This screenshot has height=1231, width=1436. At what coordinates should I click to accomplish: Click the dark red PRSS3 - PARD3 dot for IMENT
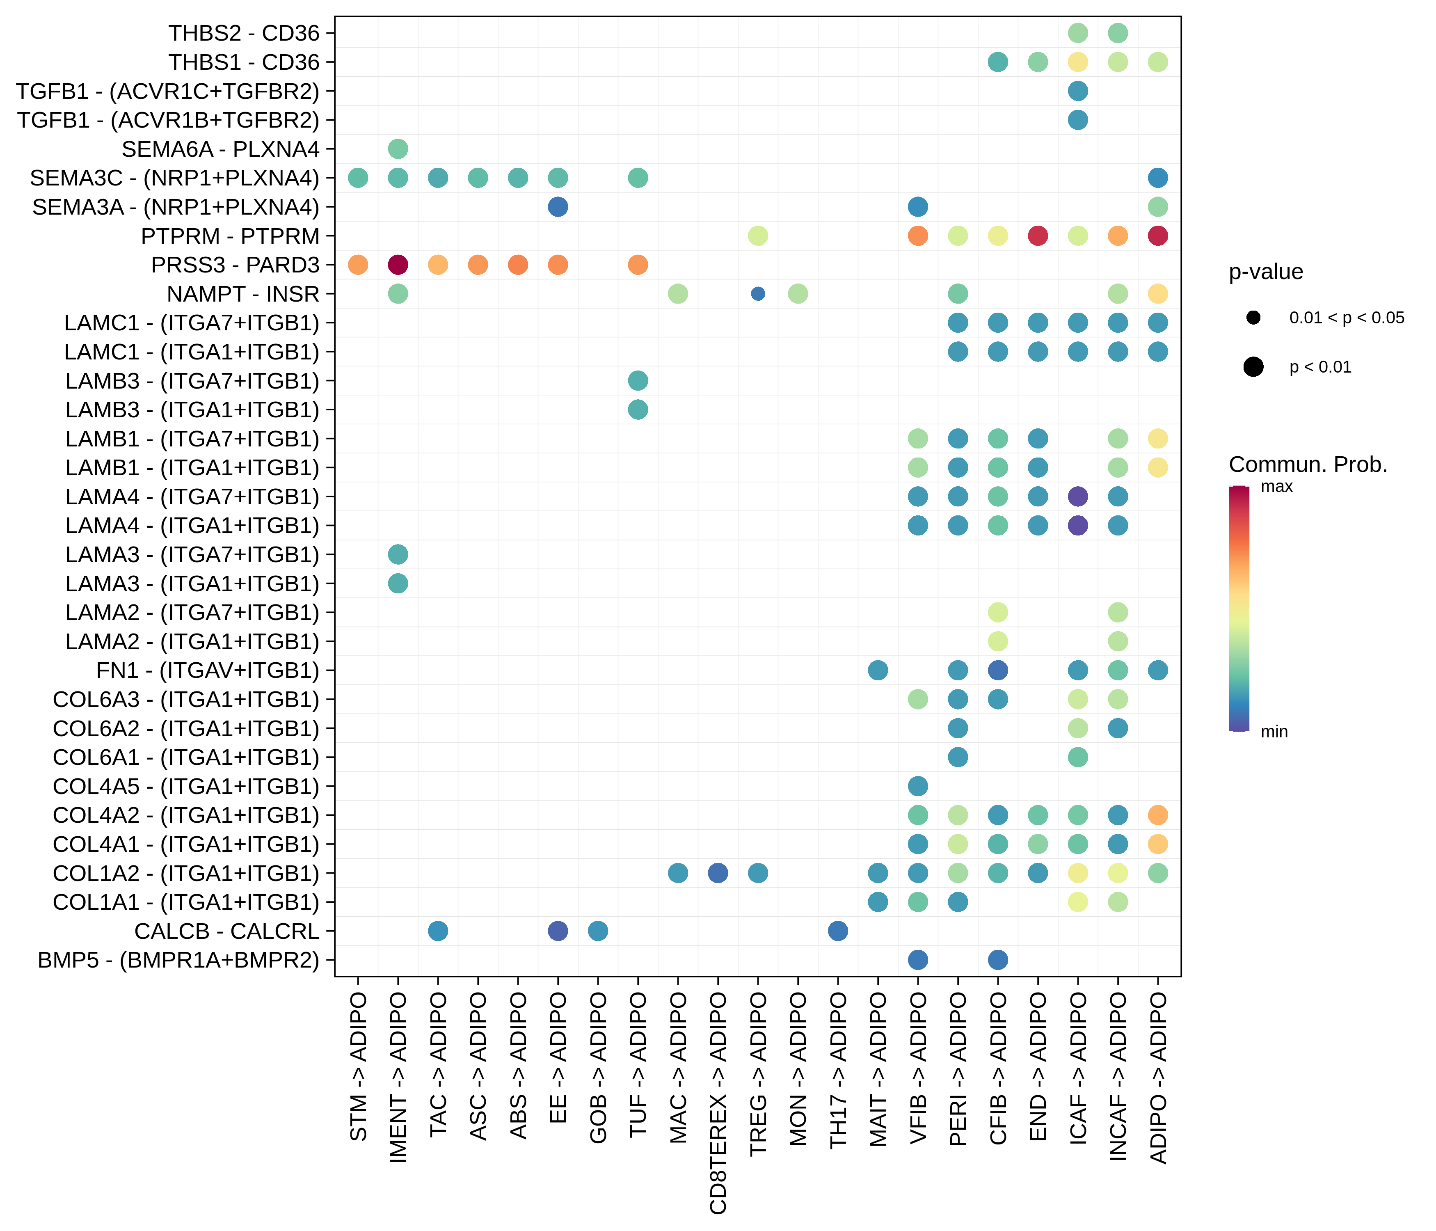[x=398, y=265]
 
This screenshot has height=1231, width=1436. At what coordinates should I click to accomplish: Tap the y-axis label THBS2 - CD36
[x=244, y=33]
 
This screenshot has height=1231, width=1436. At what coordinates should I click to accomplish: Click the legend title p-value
[x=1265, y=272]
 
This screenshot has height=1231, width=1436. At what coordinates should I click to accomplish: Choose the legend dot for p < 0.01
[x=1253, y=367]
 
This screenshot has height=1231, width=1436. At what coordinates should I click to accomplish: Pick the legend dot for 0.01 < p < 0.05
[x=1253, y=318]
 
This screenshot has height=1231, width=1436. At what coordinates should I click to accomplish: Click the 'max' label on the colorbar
[x=1276, y=487]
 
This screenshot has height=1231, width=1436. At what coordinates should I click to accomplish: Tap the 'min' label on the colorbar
[x=1274, y=732]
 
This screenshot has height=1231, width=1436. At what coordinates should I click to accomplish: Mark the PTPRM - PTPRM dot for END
[x=1038, y=236]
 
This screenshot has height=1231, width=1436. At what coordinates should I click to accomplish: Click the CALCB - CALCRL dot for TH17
[x=838, y=931]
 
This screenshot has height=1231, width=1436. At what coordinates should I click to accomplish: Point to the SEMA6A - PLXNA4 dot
[x=398, y=149]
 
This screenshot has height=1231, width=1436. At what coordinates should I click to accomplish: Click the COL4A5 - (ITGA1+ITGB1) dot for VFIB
[x=917, y=786]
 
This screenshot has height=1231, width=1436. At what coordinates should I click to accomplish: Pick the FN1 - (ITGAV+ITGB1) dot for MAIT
[x=878, y=670]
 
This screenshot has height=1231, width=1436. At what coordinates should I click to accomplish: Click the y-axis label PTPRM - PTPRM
[x=230, y=236]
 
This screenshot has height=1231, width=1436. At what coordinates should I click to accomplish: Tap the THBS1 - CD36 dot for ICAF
[x=1078, y=62]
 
